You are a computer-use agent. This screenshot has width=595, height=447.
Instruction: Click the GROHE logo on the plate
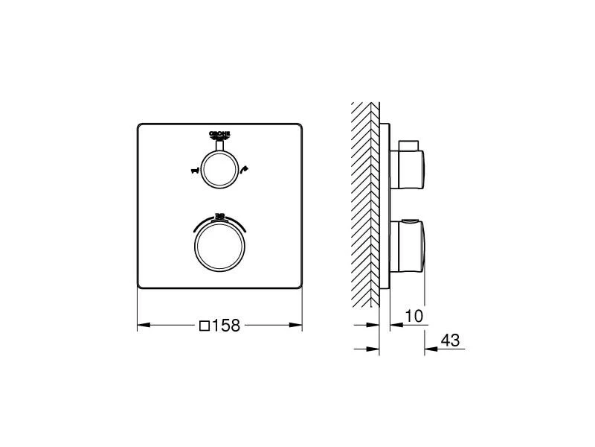(220, 135)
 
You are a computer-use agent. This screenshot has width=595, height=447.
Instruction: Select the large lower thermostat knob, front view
(220, 246)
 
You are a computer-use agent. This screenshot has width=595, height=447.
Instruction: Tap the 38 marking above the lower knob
(220, 216)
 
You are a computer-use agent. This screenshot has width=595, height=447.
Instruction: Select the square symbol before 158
(204, 326)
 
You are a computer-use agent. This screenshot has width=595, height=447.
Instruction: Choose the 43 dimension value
(450, 340)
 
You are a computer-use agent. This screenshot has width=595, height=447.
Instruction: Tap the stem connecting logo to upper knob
(220, 146)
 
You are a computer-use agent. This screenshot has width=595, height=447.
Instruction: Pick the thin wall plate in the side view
(384, 205)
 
